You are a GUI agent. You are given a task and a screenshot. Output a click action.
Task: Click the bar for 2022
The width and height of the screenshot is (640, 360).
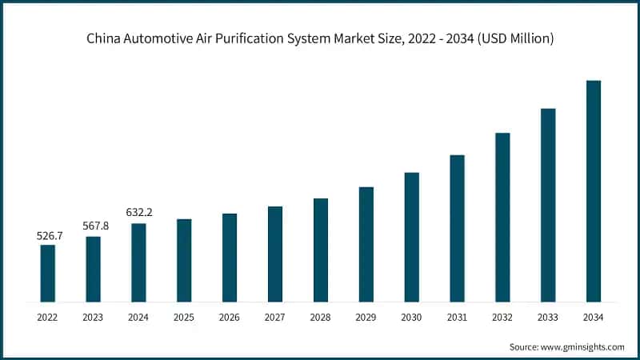point(48,273)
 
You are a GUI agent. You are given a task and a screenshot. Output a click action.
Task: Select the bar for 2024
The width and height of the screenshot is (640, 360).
point(138,262)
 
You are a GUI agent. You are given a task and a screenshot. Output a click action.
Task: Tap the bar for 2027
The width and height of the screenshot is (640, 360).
point(275,254)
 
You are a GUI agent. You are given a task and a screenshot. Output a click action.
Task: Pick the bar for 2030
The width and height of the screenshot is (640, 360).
point(412,237)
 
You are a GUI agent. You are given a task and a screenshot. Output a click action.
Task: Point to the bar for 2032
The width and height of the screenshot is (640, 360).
point(502,217)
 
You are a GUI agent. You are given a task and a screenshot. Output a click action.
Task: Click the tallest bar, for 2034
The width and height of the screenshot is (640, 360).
point(594,191)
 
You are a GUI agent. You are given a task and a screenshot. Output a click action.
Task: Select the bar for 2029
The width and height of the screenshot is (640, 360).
point(366,244)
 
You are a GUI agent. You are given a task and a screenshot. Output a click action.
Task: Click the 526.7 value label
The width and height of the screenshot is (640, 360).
point(48,236)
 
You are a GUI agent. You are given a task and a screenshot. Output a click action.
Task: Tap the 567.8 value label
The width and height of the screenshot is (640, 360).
point(94,226)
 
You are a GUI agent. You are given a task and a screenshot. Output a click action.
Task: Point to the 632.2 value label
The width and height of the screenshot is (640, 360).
point(138,213)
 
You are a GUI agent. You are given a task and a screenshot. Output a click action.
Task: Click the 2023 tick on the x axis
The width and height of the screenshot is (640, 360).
point(94,318)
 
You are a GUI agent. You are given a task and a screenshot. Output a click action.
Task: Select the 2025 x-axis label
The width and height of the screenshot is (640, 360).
point(184,318)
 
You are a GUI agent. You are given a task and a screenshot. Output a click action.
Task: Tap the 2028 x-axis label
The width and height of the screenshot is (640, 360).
point(321,318)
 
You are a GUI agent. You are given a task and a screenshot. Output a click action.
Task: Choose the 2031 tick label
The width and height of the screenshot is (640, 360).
point(457,318)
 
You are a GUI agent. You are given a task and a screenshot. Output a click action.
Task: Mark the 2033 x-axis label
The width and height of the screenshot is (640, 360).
point(548,318)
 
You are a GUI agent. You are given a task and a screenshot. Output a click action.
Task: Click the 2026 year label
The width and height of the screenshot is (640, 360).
point(230,318)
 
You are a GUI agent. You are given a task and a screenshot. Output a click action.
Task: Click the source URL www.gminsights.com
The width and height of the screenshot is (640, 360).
point(582,346)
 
